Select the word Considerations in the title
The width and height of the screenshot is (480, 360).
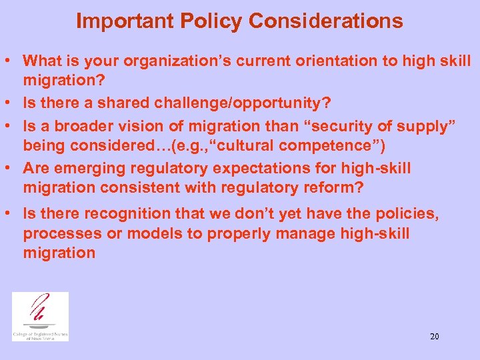pos(326,21)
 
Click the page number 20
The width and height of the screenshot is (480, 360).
pos(434,337)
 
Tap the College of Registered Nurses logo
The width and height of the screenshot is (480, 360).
pos(40,316)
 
